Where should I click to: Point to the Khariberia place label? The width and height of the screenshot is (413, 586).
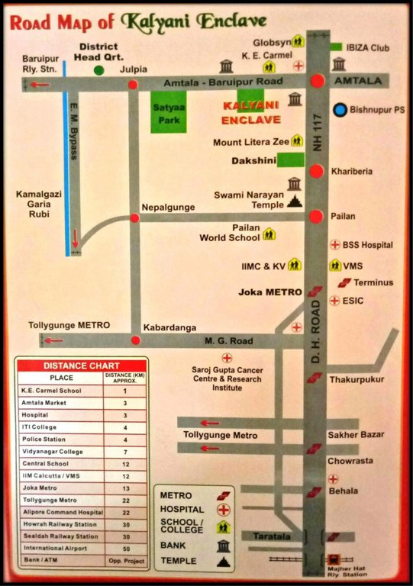(x=352, y=172)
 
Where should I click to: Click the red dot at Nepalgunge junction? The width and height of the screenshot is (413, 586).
(x=134, y=218)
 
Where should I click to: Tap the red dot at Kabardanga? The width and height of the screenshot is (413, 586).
(x=135, y=340)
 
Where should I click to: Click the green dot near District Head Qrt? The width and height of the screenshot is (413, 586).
(x=98, y=70)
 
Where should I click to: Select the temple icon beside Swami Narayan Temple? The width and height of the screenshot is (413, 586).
(x=295, y=201)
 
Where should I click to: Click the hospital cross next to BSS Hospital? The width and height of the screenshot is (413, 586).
(x=334, y=245)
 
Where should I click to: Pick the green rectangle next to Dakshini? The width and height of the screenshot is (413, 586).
(x=290, y=160)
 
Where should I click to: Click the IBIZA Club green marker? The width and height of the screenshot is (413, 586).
(x=336, y=47)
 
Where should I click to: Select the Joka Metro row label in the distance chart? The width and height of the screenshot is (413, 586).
(x=51, y=487)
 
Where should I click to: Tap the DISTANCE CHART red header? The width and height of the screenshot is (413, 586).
(x=80, y=365)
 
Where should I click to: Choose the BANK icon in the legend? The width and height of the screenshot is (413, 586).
(x=224, y=545)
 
